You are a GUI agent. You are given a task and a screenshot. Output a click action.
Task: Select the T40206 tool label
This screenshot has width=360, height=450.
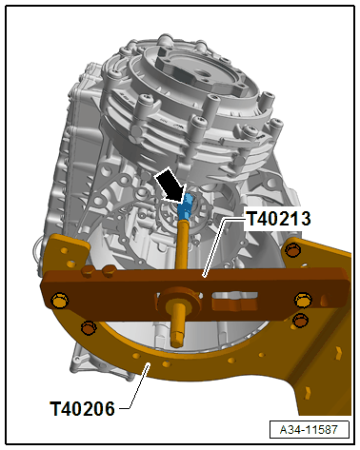pos(82,409)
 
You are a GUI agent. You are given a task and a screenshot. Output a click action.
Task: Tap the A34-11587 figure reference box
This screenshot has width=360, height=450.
pos(310,429)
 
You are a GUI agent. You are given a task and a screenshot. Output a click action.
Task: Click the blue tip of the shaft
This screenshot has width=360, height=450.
pos(187,204)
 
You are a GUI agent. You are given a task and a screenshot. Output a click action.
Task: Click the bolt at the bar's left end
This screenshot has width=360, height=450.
pos(60,301)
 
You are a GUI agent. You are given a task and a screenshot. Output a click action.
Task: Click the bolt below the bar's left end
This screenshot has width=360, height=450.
pos(89,328)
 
